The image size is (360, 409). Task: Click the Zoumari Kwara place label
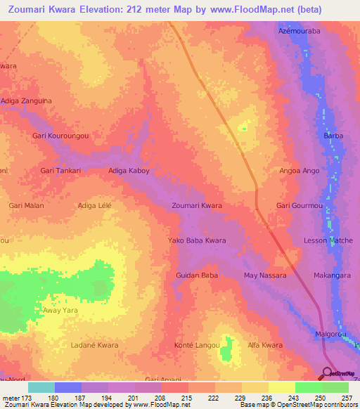(197, 206)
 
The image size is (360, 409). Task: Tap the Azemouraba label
(299, 32)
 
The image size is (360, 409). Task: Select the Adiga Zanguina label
(26, 101)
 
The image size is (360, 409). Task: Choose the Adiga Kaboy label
(129, 171)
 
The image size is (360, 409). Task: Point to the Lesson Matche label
(324, 241)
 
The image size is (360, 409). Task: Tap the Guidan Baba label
(197, 275)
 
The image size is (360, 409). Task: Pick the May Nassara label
(265, 275)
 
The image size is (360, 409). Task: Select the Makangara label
(332, 275)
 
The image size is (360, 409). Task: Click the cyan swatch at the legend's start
(41, 387)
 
